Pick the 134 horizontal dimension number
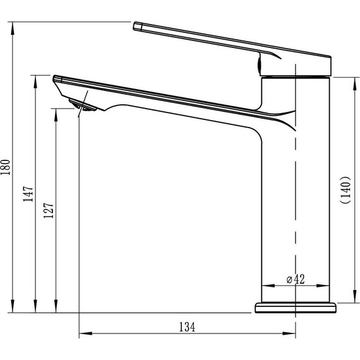187,327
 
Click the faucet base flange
295,308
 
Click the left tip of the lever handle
136,26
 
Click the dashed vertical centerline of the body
295,189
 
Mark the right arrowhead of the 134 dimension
292,334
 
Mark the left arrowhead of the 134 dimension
82,334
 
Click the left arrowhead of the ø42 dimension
265,285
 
